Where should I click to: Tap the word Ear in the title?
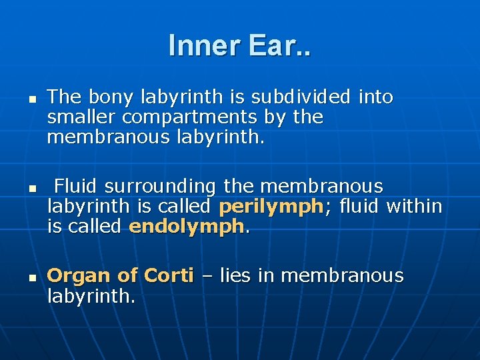click(281, 45)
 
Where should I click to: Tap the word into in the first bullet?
click(375, 97)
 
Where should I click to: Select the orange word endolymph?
click(187, 227)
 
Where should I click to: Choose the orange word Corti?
click(167, 275)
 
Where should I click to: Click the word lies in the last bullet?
click(235, 275)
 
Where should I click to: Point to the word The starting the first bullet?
click(64, 97)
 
